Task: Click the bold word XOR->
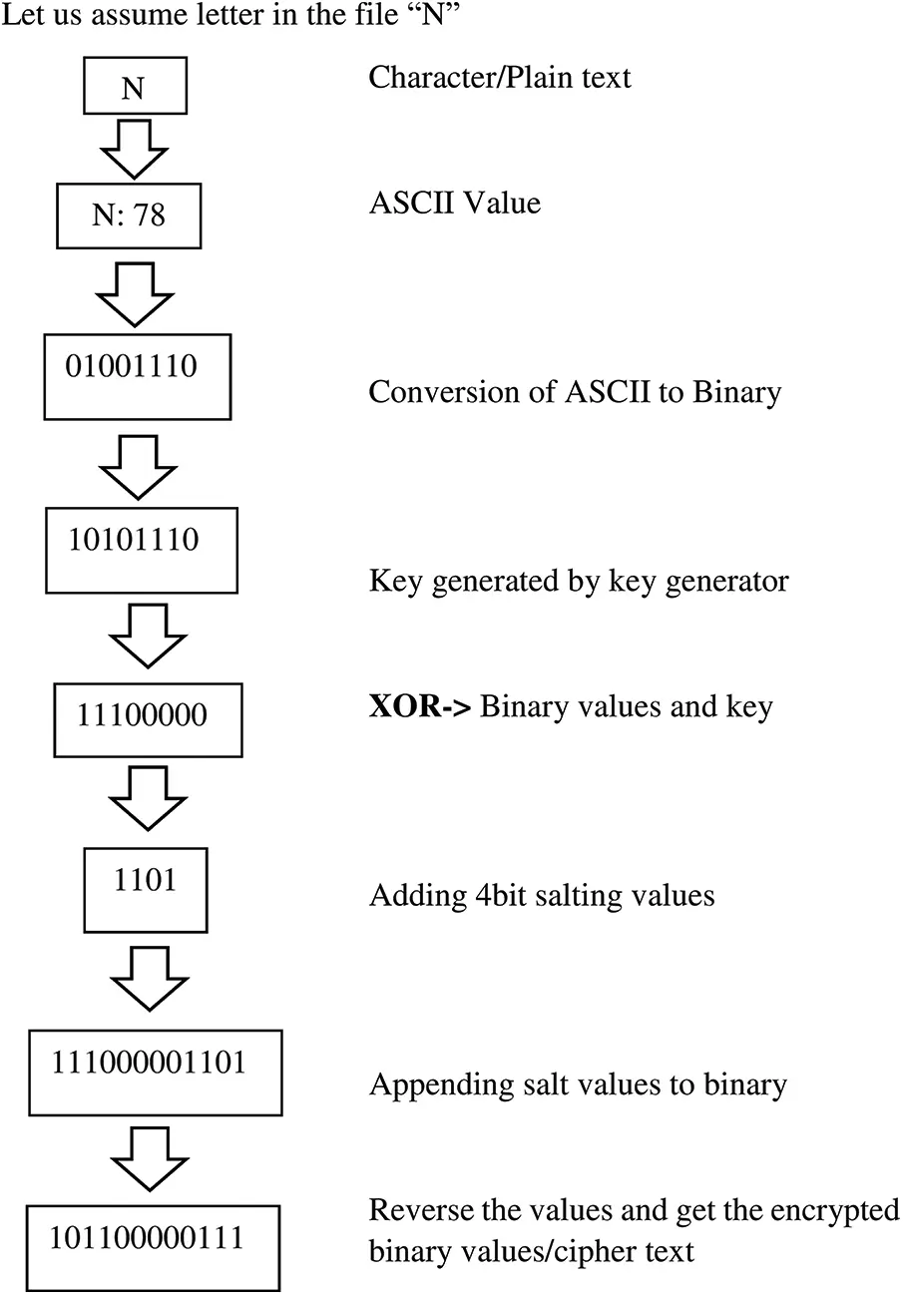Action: [420, 707]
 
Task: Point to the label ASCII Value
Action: [455, 205]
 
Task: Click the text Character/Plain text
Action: [500, 78]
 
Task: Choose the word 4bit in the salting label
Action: [486, 895]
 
